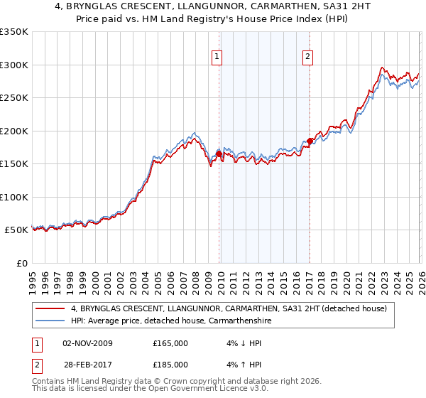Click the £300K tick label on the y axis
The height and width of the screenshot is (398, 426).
click(x=14, y=65)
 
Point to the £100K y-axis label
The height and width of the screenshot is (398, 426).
click(x=14, y=197)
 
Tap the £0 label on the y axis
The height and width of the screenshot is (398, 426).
click(x=21, y=263)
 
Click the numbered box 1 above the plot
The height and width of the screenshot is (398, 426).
click(x=216, y=58)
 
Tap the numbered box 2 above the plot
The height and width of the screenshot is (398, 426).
click(x=307, y=58)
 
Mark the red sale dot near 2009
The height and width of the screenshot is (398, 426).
click(x=219, y=154)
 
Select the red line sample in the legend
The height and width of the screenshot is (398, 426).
click(x=50, y=308)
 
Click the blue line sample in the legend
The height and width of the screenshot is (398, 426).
click(x=50, y=321)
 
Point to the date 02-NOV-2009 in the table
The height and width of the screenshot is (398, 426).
click(x=87, y=343)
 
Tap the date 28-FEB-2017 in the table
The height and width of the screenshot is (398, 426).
click(x=87, y=365)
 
